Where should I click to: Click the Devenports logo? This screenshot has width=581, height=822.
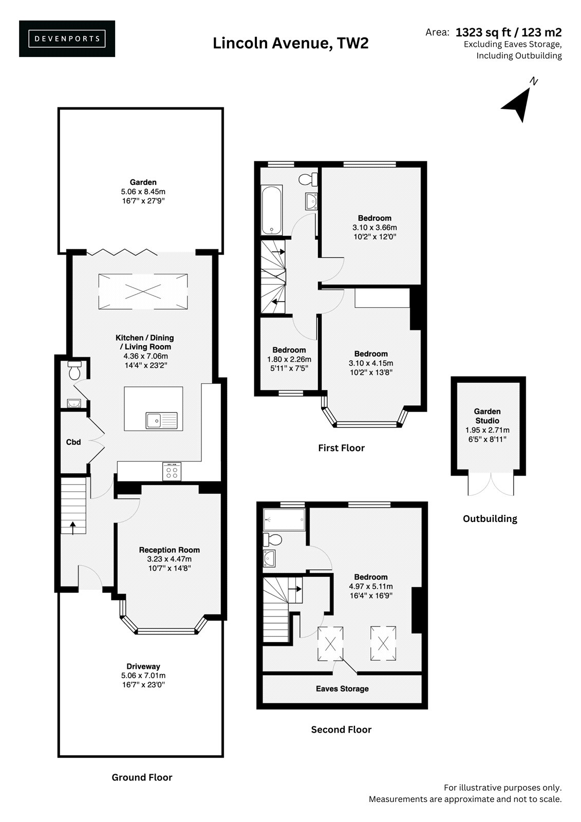pos(67,39)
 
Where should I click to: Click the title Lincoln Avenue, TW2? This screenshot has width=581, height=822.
pos(290,44)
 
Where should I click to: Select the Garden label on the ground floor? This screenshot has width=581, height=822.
pos(143,182)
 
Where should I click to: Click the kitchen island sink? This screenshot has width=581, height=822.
pos(161,421)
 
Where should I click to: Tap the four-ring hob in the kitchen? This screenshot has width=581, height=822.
pos(172,472)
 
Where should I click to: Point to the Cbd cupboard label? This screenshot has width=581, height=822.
pos(73,442)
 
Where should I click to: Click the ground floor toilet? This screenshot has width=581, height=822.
pos(74,370)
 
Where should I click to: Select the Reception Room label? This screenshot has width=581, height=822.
pos(169,550)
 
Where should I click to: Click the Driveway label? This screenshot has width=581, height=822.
pos(143,666)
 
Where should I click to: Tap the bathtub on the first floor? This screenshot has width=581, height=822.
pos(272,210)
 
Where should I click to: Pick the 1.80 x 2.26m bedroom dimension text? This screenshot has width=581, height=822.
pos(289,359)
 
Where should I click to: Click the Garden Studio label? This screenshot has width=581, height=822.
pos(487,416)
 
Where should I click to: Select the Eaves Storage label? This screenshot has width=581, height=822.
pos(342,689)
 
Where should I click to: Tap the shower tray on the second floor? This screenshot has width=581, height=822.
pos(284,519)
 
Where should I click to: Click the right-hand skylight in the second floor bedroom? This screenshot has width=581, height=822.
pos(383,643)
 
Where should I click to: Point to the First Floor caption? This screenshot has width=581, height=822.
pos(341,447)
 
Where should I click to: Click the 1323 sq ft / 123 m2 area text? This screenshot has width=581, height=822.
pos(509,33)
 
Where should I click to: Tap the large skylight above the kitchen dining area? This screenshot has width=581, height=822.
pos(143,292)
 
